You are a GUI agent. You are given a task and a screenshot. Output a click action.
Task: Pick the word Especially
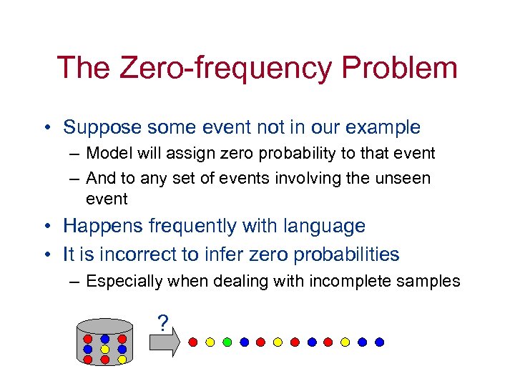[125, 282]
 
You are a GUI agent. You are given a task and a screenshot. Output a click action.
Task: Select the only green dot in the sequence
[227, 342]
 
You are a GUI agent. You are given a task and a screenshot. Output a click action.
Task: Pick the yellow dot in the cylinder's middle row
[104, 350]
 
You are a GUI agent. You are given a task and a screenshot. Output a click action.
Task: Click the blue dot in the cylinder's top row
[104, 339]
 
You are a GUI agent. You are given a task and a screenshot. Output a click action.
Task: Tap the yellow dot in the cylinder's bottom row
[122, 360]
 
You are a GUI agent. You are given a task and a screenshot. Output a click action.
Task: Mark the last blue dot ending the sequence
[379, 342]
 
